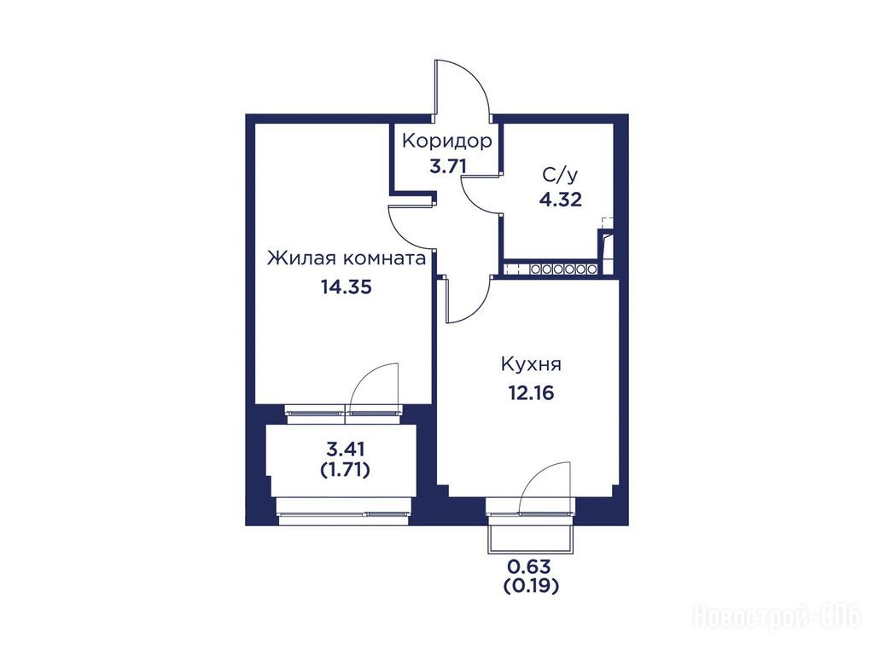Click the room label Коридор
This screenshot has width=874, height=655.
(x=447, y=142)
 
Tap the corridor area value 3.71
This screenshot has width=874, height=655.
(x=447, y=166)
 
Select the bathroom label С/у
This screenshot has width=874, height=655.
(x=560, y=176)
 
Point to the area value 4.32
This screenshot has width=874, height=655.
(x=560, y=200)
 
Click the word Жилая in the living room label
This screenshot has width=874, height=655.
(x=301, y=259)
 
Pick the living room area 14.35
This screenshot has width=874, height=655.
(x=346, y=287)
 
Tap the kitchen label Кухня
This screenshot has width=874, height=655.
(x=531, y=365)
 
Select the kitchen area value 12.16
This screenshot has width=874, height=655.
(x=531, y=393)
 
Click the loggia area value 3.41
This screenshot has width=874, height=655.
(x=346, y=448)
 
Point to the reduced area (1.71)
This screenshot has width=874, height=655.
(x=346, y=471)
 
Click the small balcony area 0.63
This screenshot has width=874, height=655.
(x=529, y=567)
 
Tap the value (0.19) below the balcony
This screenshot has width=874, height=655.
(x=531, y=586)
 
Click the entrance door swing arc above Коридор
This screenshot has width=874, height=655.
(x=474, y=78)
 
